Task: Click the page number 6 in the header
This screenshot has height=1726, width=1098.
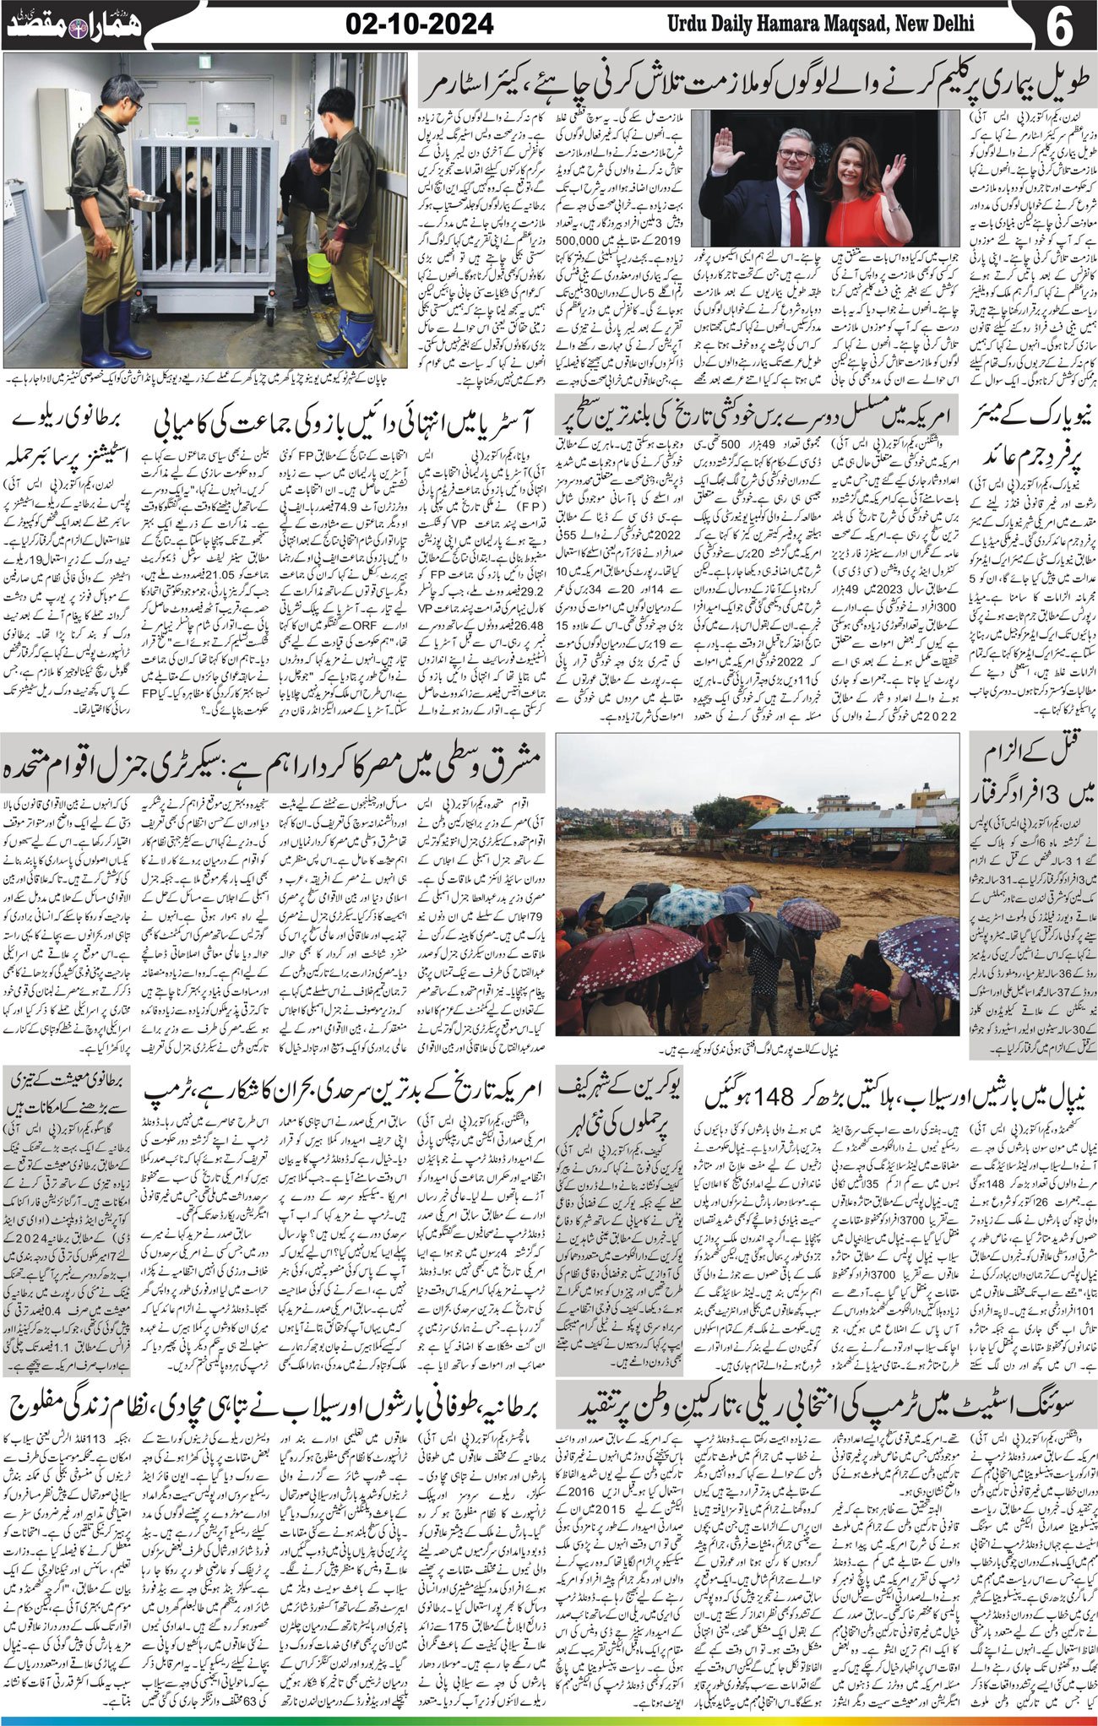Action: [1059, 25]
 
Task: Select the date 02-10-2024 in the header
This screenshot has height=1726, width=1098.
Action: [420, 24]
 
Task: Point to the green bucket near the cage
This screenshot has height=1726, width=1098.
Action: [319, 269]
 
